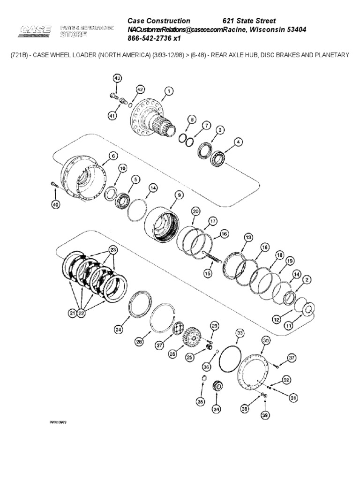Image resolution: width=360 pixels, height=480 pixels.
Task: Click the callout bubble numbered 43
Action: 117,78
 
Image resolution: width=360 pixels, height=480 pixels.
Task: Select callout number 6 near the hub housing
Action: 113,156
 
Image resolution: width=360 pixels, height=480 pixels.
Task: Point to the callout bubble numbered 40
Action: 56,204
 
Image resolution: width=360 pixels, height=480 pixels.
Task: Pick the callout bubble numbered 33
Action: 240,333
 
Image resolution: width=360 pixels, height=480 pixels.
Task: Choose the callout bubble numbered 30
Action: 266,340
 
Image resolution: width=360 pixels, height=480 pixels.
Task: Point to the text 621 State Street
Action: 248,21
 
